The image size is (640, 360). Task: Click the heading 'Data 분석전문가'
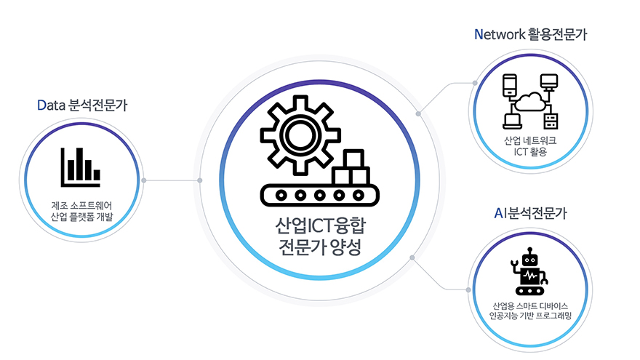click(82, 105)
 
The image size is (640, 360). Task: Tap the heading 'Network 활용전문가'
click(530, 34)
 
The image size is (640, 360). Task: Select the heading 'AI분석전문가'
click(530, 214)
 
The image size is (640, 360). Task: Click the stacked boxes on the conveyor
click(352, 169)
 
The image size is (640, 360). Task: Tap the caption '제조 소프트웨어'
click(82, 204)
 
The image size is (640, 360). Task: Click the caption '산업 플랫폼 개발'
click(82, 217)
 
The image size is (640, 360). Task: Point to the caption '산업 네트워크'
click(529, 140)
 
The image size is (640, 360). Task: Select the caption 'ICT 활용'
click(529, 152)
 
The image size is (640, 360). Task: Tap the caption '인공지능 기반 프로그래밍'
click(530, 316)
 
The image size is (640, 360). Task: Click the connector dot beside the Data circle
click(145, 180)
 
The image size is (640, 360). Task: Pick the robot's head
click(531, 257)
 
